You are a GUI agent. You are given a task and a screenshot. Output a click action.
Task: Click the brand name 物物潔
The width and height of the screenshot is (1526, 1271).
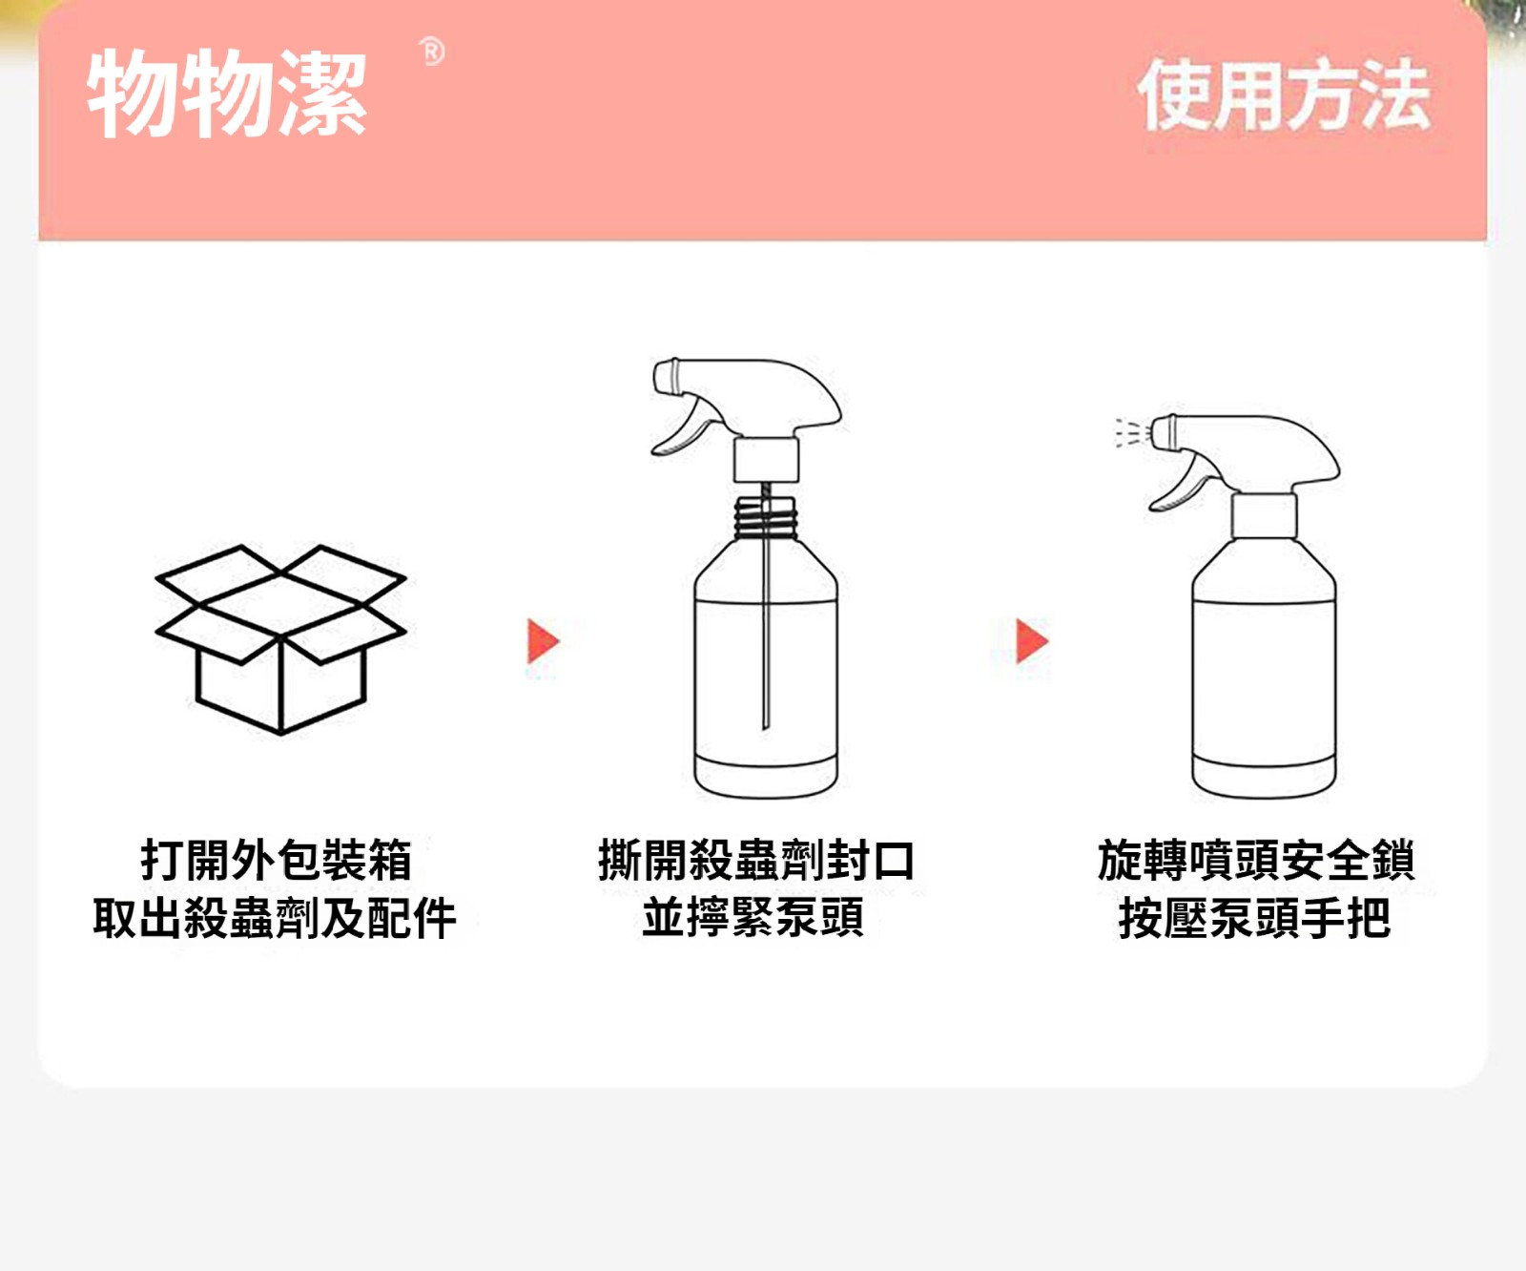point(227,94)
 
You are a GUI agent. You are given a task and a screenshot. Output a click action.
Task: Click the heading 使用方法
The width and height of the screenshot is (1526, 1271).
point(1284,94)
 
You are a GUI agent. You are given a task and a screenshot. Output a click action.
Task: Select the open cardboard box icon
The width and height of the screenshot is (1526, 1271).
point(281,639)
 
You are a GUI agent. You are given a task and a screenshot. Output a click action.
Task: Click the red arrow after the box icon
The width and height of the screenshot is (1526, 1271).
point(543,640)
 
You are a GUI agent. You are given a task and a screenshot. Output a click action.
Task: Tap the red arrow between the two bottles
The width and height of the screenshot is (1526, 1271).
point(1032,640)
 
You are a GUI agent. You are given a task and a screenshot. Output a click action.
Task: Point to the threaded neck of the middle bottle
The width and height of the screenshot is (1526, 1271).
point(764,518)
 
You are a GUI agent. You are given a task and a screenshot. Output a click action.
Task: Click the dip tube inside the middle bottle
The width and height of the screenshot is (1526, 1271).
point(765,611)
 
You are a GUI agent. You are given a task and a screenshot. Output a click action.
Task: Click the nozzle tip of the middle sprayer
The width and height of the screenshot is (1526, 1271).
point(665,376)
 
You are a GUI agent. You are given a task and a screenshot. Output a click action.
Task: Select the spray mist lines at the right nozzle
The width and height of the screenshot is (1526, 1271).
point(1130,432)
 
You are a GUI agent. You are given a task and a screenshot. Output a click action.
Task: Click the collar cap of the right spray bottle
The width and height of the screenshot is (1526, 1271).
point(1264,516)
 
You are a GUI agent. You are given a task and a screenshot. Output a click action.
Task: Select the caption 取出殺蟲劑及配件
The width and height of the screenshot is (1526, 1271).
point(275,918)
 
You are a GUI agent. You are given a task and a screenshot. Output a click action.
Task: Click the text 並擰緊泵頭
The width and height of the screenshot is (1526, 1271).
point(753,918)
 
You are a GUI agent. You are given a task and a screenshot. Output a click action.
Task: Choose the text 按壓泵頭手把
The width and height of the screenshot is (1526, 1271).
point(1254,918)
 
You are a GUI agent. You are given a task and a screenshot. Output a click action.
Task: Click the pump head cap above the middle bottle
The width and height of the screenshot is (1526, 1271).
point(766,460)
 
